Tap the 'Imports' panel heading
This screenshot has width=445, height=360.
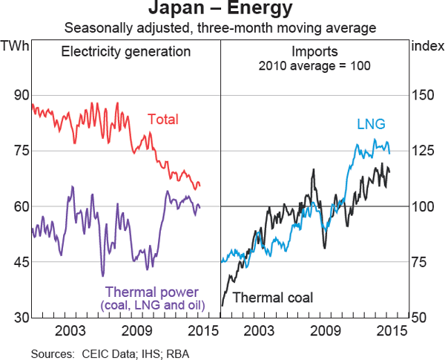pyautogui.click(x=314, y=52)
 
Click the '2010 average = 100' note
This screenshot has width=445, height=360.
pyautogui.click(x=314, y=65)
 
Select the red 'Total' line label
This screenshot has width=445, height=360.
pyautogui.click(x=162, y=120)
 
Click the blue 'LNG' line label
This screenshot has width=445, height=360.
pyautogui.click(x=371, y=124)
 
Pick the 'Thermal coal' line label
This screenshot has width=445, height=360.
pyautogui.click(x=273, y=298)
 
